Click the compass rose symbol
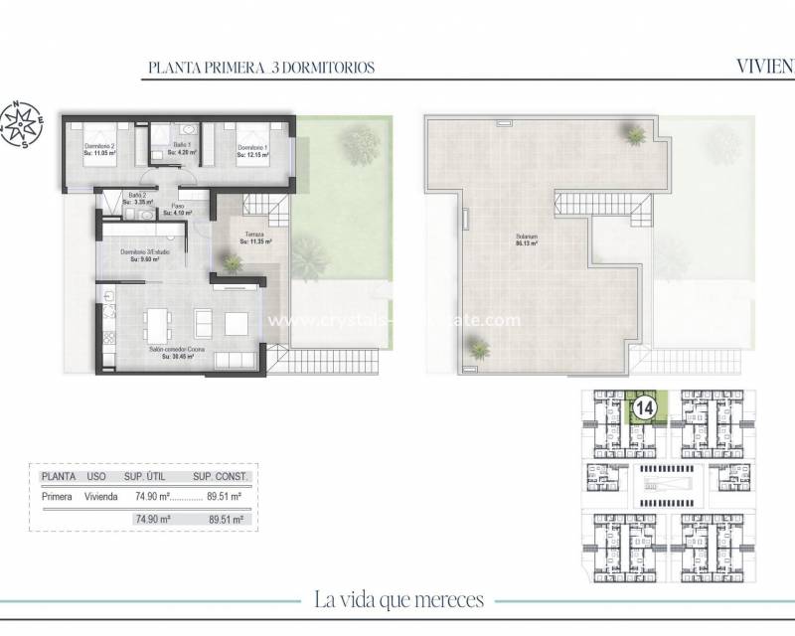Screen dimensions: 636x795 click(x=23, y=122)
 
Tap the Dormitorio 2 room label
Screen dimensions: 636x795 click(x=101, y=149)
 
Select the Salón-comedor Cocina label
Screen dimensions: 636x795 click(x=180, y=354)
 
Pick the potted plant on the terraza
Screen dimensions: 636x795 click(x=233, y=263)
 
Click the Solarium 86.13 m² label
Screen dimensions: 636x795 click(x=527, y=238)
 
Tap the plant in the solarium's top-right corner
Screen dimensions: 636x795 click(x=633, y=132)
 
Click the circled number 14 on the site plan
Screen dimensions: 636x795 click(x=644, y=406)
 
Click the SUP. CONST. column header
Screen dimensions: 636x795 click(x=225, y=476)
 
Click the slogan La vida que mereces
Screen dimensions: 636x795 click(x=397, y=599)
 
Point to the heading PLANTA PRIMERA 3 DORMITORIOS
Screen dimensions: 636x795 click(x=260, y=69)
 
